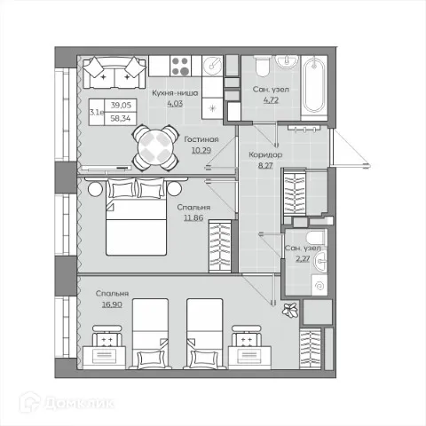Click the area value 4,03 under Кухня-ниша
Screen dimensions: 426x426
coord(175,104)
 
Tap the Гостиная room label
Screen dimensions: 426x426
coord(201,139)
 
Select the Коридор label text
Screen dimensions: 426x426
coord(265,154)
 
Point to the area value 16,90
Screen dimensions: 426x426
coord(112,304)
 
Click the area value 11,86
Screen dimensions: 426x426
coord(193,218)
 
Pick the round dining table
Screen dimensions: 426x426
coord(155,148)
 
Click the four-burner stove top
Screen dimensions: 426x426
coord(181,66)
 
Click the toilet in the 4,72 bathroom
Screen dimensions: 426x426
coord(262,66)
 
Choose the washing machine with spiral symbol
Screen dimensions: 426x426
coord(319,285)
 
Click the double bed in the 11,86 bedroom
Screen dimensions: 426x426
coord(136,217)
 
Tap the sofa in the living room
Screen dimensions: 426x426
coord(114,73)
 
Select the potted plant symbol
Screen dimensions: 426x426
coord(289,311)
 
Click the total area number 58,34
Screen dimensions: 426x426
coord(121,119)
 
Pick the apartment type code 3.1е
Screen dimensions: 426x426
coord(97,112)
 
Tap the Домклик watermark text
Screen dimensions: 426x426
coord(79,403)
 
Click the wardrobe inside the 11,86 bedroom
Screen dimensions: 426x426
coord(220,246)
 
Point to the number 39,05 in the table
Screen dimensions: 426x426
coord(121,105)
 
